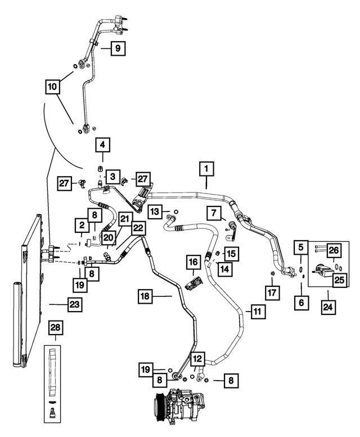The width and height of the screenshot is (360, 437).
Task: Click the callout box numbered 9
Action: [118, 48]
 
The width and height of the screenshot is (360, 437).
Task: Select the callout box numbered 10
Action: [52, 87]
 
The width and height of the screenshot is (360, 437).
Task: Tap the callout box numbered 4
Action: [102, 145]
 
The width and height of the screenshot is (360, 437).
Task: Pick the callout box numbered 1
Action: [206, 169]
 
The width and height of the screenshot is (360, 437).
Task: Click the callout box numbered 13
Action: [155, 212]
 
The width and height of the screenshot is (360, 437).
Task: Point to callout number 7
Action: [214, 213]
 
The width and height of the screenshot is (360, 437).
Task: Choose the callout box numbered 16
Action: [193, 262]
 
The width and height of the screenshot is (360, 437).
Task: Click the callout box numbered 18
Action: [145, 296]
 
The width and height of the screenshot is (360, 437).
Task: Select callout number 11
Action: [258, 312]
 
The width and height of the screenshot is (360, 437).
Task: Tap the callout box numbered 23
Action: [75, 304]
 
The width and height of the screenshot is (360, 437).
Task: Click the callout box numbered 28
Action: [55, 327]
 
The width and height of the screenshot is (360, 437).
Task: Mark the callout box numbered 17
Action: [272, 292]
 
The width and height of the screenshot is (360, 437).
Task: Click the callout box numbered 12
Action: [197, 359]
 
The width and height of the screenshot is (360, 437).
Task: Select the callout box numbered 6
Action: [301, 302]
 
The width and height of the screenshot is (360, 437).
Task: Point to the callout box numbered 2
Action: [82, 225]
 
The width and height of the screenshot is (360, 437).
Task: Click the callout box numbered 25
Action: [339, 280]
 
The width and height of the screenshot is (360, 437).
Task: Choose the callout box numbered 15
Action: [232, 254]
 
